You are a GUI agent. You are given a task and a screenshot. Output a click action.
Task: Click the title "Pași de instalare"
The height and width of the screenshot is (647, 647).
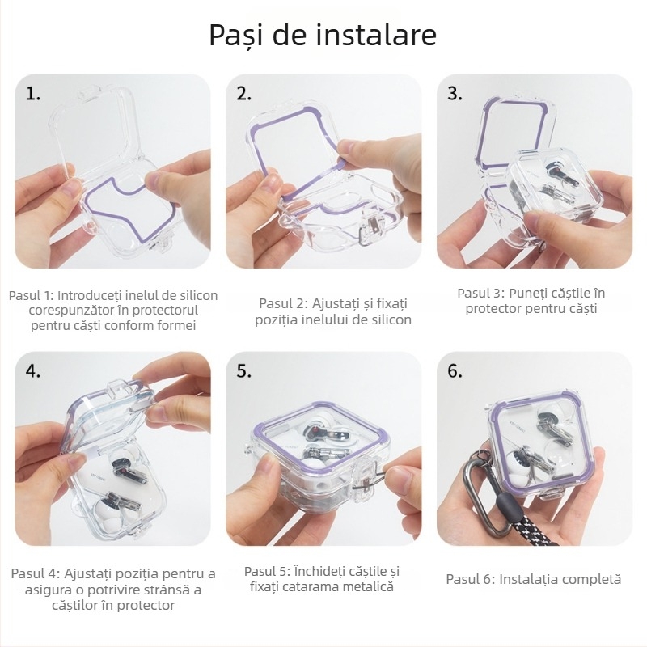323,35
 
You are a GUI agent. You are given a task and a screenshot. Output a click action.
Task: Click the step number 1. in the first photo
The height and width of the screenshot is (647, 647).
33,94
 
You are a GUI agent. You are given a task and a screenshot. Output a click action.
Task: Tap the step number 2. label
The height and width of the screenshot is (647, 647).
244,94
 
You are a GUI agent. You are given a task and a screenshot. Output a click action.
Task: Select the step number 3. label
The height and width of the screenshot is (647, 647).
455,94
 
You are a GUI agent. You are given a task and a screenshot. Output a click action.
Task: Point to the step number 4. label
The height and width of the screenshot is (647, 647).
33,371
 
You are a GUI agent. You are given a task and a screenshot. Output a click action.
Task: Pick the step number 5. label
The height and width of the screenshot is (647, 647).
244,371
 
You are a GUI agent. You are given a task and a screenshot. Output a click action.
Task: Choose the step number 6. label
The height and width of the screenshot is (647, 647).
455,371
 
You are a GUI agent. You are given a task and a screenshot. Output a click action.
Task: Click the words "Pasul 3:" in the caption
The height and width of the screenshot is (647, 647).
481,293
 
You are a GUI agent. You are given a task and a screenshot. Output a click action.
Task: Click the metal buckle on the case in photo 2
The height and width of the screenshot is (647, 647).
371,229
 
